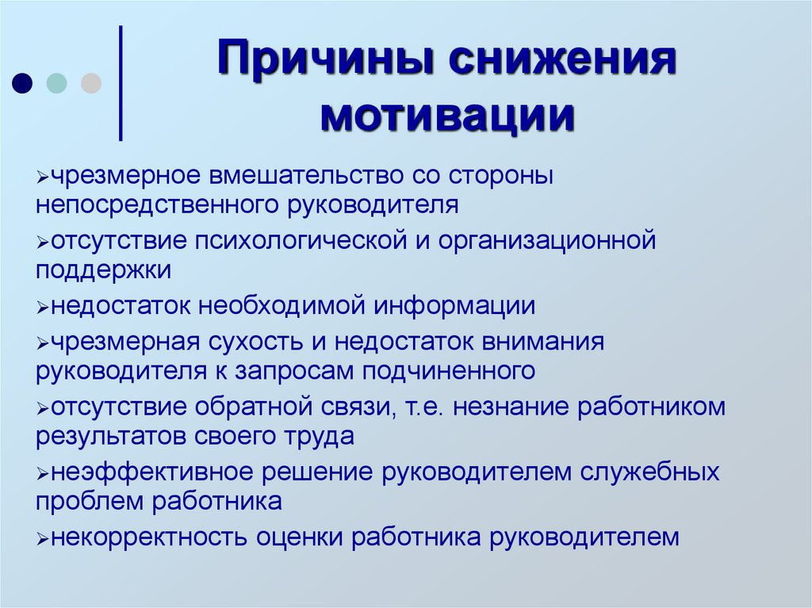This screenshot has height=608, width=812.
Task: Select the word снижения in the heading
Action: coord(553,63)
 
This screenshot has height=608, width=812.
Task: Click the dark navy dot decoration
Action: coord(23,82)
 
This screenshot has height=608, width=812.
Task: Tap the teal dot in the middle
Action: coord(57,82)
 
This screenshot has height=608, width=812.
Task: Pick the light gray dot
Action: coord(91,82)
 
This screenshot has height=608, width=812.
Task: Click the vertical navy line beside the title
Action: coord(121,83)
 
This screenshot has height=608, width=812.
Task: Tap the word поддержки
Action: coord(103,270)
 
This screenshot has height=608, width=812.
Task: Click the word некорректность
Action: coord(149,537)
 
